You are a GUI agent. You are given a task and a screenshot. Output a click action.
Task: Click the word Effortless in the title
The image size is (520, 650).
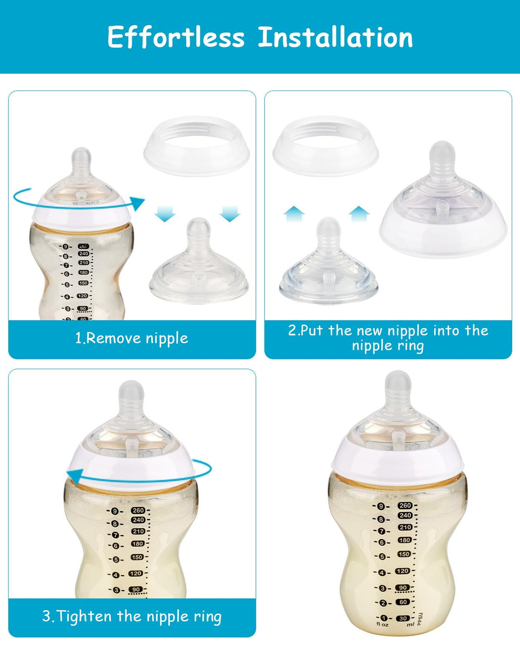176,37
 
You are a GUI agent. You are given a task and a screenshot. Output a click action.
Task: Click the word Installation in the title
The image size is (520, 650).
335,37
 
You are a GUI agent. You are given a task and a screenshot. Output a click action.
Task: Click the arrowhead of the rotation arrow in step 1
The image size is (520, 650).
138,204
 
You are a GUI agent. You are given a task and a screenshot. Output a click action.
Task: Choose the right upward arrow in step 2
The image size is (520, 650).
359,214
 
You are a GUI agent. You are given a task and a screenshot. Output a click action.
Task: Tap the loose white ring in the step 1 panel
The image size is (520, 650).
197,146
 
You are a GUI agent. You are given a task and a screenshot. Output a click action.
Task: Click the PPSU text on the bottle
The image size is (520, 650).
420,618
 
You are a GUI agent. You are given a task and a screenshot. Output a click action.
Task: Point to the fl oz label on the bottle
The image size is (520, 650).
382,624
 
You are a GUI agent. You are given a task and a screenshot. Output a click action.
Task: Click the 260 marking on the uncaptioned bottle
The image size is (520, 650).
405,505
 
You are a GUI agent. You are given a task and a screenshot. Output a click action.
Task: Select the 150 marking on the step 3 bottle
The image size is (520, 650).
137,557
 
